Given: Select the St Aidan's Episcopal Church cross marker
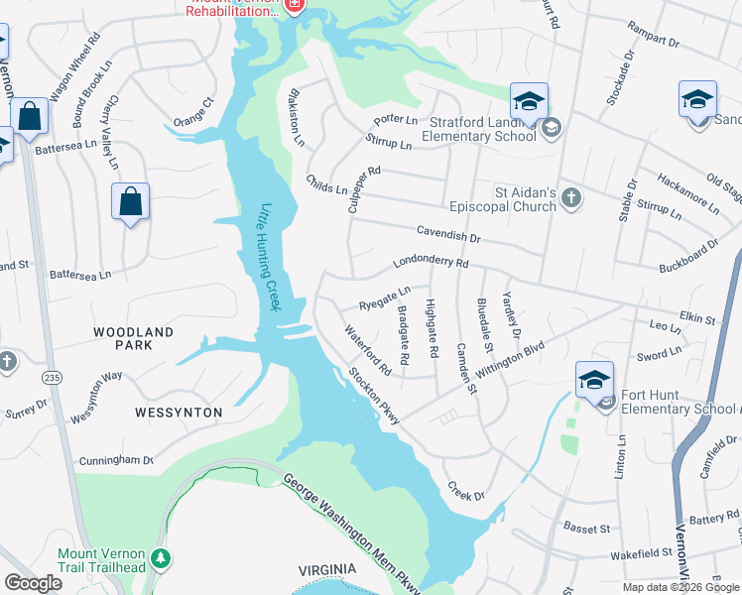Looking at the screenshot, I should (570, 198).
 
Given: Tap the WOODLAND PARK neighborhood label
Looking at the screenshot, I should (135, 338).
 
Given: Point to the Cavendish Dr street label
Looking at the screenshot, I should (447, 235).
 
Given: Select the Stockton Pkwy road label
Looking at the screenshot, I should (374, 397).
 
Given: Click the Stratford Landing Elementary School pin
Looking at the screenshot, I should (530, 101).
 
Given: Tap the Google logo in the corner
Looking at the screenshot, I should (33, 583).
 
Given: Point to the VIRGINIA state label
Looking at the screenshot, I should (327, 569).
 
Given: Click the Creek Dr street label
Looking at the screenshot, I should (465, 490).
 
